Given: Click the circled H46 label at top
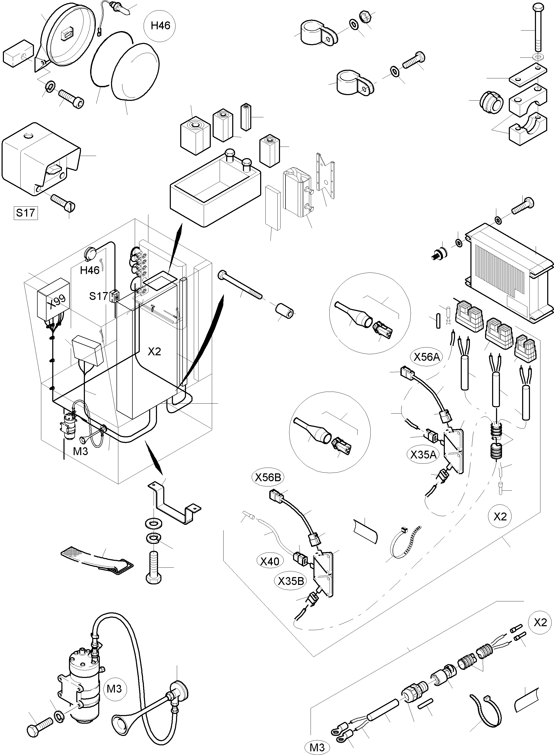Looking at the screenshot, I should [x=160, y=26].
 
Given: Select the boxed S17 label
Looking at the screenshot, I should [x=26, y=213].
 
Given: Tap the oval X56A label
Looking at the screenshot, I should [x=426, y=357].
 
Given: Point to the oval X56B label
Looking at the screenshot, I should [x=268, y=477].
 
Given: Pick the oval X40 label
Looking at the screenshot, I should [x=270, y=561].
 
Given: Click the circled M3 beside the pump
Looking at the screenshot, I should [x=114, y=689].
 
